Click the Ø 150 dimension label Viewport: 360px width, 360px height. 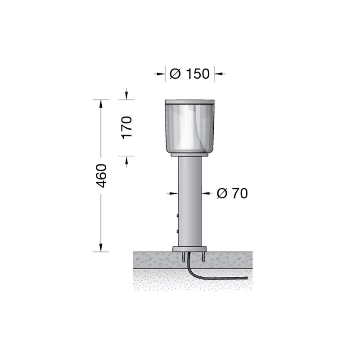coord(189,74)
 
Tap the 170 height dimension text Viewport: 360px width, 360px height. coord(126,128)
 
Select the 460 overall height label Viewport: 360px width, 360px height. coord(101,175)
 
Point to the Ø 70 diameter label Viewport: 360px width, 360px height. coord(232,193)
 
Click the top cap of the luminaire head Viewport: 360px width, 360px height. coord(189,102)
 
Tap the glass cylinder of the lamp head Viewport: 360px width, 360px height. coord(189,128)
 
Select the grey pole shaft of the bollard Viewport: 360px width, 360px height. coord(189,202)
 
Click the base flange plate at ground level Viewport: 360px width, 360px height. coord(189,249)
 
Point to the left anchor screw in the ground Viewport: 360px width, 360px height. coord(184,257)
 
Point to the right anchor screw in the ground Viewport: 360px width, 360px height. coord(203,257)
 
